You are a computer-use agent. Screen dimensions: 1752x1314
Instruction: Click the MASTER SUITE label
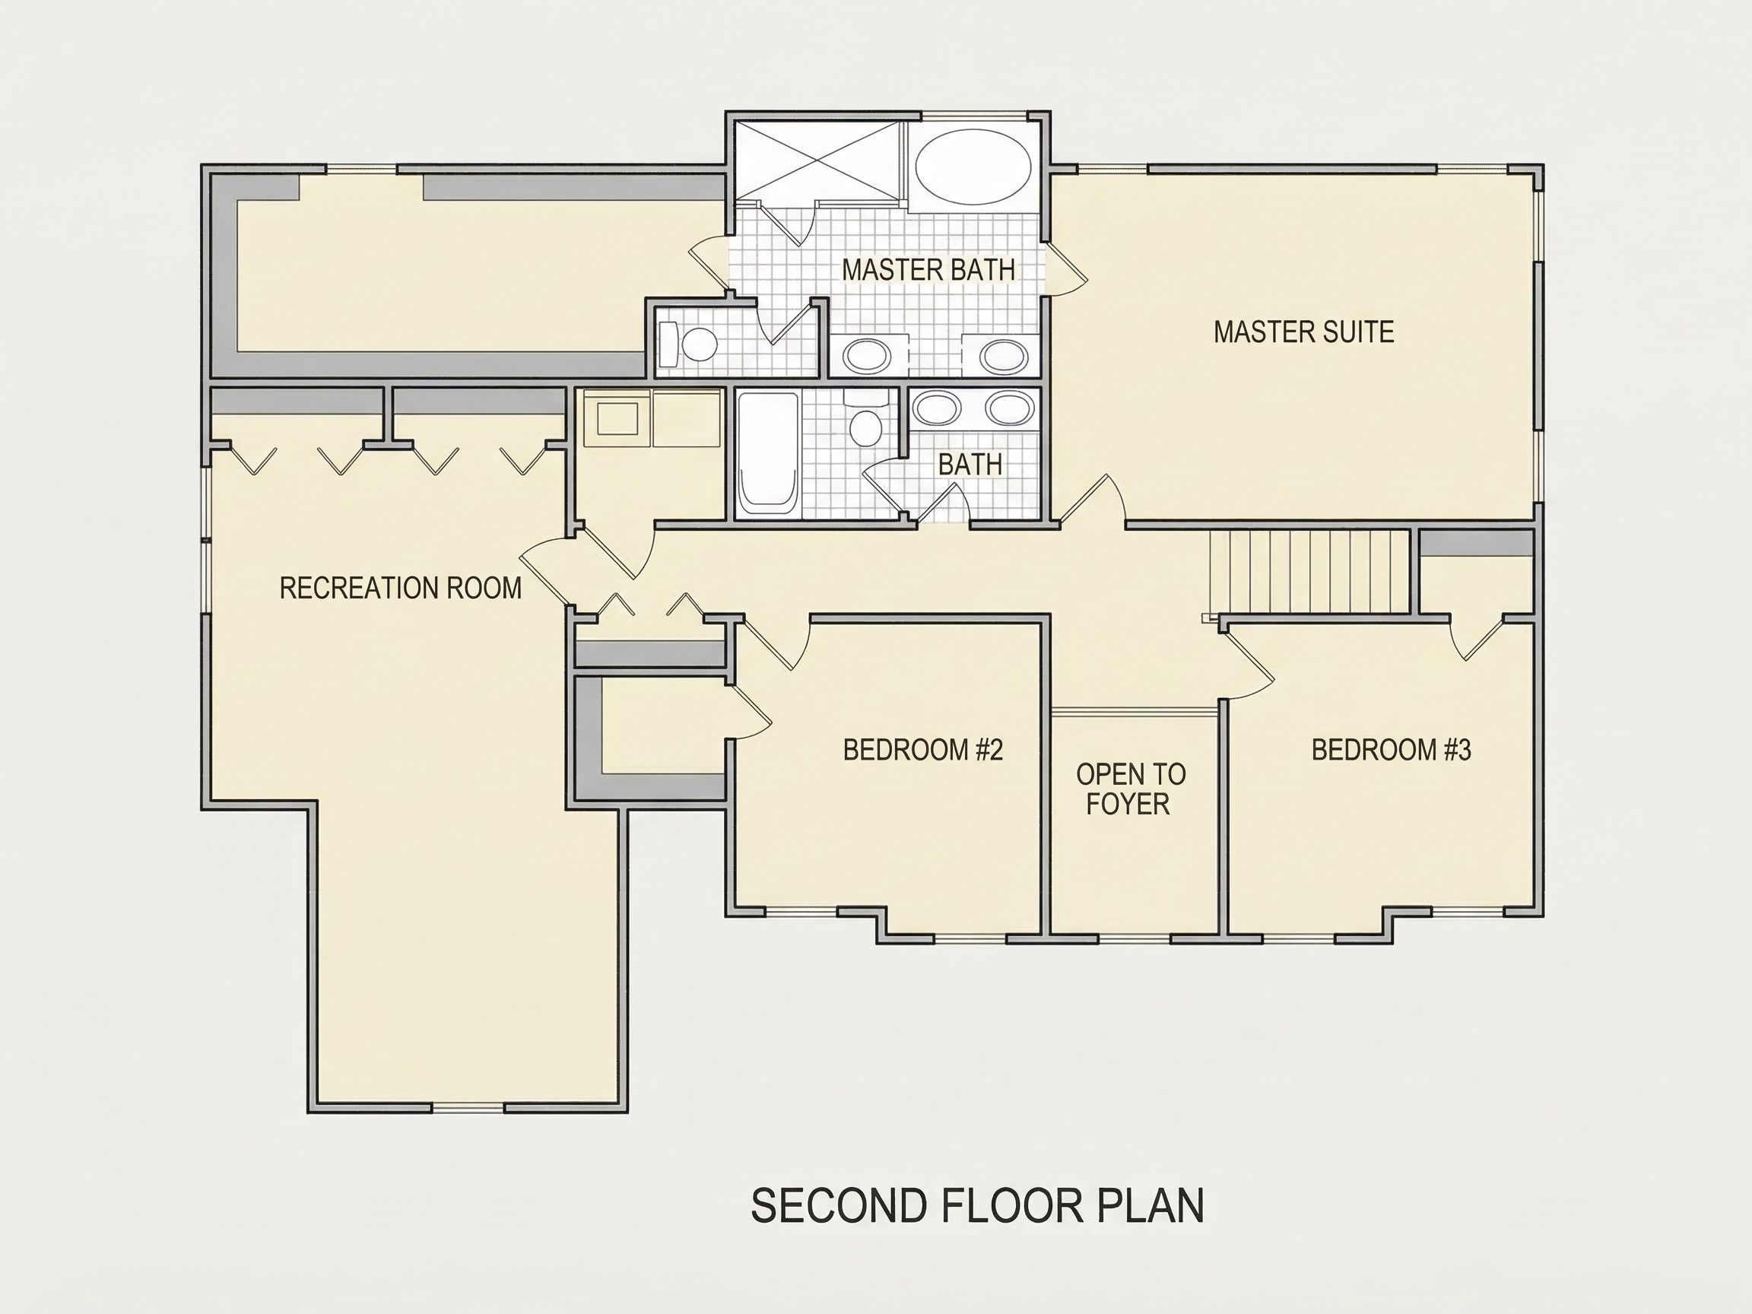(1303, 332)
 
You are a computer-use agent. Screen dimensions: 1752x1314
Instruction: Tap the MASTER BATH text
(928, 269)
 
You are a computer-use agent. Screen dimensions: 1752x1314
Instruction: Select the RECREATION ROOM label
(401, 588)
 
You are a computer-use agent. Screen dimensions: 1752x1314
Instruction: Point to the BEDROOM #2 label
(922, 749)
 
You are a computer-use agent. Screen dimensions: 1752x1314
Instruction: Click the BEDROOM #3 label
(1391, 749)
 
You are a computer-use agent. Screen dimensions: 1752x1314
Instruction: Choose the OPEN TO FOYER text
(1130, 789)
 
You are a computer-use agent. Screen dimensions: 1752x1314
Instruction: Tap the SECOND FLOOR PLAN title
(977, 1205)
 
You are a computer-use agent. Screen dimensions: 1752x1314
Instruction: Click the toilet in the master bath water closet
(689, 344)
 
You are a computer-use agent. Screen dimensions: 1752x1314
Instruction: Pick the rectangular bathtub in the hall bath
(766, 453)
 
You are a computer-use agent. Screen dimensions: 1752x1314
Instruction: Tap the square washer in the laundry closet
(617, 417)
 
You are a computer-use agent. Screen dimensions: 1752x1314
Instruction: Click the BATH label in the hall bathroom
(970, 464)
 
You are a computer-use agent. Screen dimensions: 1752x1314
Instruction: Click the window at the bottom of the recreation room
(468, 1107)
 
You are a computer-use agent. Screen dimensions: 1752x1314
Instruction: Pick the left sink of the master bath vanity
(868, 356)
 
